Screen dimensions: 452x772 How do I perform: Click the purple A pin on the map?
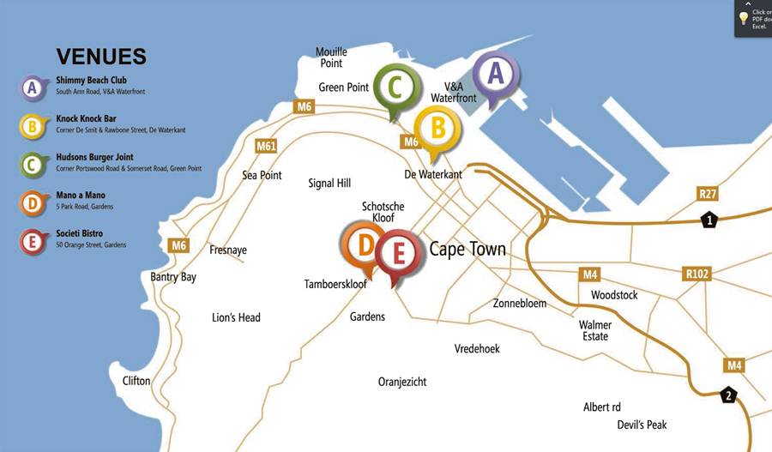(x=495, y=75)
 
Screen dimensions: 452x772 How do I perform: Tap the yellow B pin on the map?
(x=437, y=130)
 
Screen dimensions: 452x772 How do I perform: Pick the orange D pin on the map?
(x=365, y=246)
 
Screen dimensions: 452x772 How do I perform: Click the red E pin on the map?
(x=397, y=254)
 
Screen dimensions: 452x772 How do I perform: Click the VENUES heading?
(x=101, y=57)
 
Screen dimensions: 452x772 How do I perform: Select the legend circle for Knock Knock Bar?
(x=32, y=126)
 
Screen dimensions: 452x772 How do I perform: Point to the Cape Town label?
(x=467, y=250)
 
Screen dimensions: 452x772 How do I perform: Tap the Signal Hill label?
(x=329, y=184)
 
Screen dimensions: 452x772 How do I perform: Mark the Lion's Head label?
(x=236, y=317)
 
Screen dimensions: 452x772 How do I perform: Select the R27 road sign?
(x=708, y=194)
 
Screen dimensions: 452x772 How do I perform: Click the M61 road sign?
(x=266, y=146)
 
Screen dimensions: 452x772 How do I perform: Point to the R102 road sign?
(x=697, y=274)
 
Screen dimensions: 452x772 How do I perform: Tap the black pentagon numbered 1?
(x=709, y=221)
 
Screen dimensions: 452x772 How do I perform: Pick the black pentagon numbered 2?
(x=728, y=395)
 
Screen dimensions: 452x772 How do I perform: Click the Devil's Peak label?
(x=642, y=425)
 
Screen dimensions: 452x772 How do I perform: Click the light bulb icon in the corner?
(x=744, y=18)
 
